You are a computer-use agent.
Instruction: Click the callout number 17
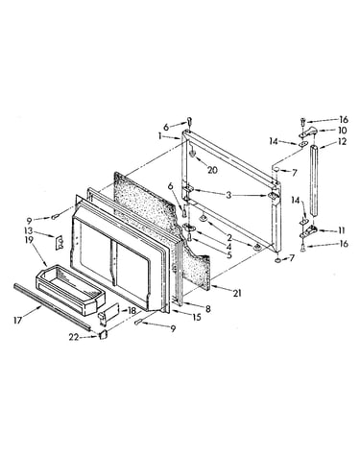pyautogui.click(x=18, y=320)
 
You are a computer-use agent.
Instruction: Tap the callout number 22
pyautogui.click(x=74, y=337)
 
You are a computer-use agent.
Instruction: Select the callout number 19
pyautogui.click(x=29, y=240)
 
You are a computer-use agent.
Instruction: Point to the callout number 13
pyautogui.click(x=29, y=230)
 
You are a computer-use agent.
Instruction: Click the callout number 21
pyautogui.click(x=237, y=293)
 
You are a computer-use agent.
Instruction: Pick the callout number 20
pyautogui.click(x=212, y=170)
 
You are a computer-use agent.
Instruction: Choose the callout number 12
pyautogui.click(x=342, y=141)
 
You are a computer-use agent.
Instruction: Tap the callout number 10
pyautogui.click(x=342, y=131)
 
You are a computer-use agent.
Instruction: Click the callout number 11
pyautogui.click(x=341, y=230)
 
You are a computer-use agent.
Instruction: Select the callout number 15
pyautogui.click(x=197, y=317)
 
